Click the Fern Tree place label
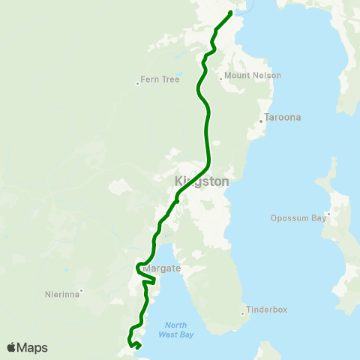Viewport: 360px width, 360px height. tap(161, 79)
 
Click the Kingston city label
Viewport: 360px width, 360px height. tap(201, 181)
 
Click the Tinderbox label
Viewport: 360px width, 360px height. tap(268, 309)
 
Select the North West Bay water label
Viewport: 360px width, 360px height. tap(175, 330)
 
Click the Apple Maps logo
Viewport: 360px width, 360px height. tap(27, 347)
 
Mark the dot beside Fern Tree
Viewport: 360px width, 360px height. tap(138, 83)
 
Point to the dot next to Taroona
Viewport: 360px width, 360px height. tap(260, 120)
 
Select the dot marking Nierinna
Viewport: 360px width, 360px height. tap(81, 291)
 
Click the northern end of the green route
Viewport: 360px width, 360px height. tap(230, 12)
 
